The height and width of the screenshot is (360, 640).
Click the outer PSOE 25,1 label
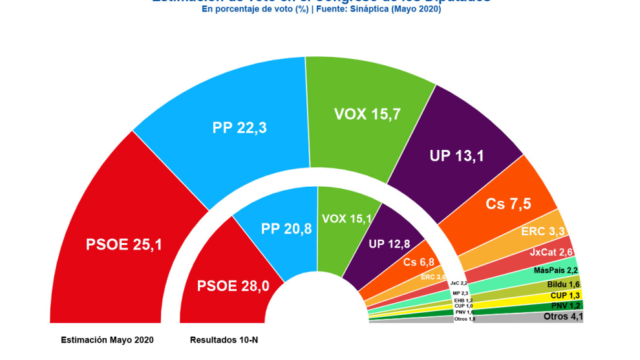(124, 244)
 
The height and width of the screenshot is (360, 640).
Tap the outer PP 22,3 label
(240, 128)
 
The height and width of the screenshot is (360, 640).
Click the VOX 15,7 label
(367, 114)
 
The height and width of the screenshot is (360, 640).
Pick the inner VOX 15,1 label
(347, 218)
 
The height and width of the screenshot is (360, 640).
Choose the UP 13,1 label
(457, 155)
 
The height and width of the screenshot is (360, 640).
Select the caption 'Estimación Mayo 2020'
(107, 339)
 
